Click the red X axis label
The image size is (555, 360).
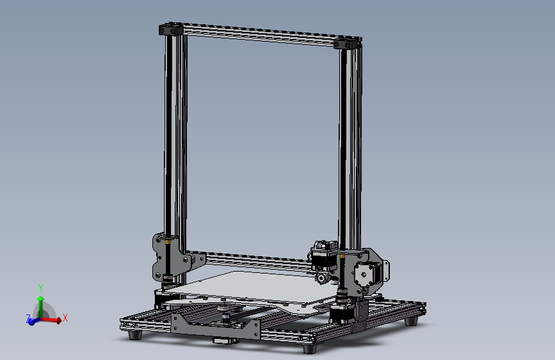(x=65, y=317)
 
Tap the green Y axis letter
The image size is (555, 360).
(x=40, y=288)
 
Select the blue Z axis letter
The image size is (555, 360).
(x=28, y=318)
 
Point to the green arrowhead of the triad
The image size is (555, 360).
(x=40, y=299)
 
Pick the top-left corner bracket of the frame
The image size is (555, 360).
(x=170, y=29)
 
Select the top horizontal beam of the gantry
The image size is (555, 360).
(x=259, y=36)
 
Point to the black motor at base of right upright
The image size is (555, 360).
(x=339, y=313)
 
